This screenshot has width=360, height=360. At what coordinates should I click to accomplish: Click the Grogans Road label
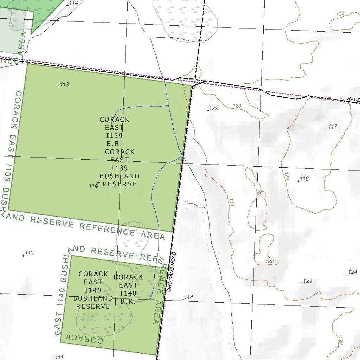click(172, 272)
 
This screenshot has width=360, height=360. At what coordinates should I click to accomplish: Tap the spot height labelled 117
click(327, 129)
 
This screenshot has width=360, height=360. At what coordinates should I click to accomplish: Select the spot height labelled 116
click(298, 181)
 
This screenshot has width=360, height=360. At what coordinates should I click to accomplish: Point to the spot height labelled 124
click(347, 274)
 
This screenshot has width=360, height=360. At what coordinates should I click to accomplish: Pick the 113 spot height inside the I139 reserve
click(59, 86)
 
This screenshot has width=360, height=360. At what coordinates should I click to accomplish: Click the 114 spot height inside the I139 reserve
click(98, 183)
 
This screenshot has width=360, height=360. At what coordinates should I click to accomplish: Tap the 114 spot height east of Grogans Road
click(183, 300)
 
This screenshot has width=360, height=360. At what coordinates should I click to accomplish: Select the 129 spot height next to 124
click(302, 283)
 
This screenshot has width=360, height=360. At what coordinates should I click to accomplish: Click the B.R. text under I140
click(128, 301)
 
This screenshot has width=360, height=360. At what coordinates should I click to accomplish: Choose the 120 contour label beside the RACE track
click(237, 106)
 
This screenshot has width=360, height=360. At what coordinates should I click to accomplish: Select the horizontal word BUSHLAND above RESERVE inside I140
click(93, 298)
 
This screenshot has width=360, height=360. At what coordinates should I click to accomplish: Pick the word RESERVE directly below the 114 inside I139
click(120, 184)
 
